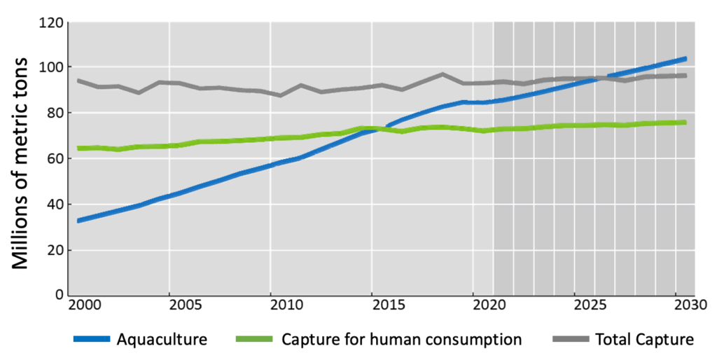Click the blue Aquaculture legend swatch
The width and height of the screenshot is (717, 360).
(92, 340)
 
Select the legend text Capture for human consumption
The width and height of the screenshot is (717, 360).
(402, 340)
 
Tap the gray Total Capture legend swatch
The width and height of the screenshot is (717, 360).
(571, 340)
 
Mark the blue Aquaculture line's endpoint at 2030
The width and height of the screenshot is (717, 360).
(685, 59)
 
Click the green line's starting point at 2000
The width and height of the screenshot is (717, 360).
(78, 148)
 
